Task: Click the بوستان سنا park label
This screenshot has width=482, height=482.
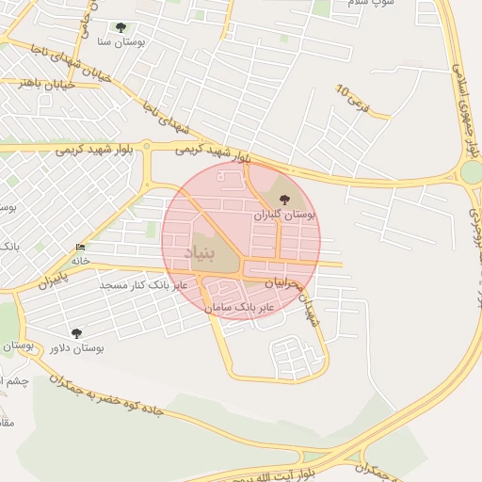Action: click(121, 42)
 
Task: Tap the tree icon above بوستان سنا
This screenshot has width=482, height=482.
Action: click(120, 28)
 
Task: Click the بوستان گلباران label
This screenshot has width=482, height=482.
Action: click(284, 215)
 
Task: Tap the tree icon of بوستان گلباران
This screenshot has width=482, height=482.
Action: click(285, 198)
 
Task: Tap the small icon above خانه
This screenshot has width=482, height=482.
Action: click(80, 248)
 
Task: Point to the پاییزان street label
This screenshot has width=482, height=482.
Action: click(55, 281)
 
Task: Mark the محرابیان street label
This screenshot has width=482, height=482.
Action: click(285, 282)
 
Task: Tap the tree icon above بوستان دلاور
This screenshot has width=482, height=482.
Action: click(76, 332)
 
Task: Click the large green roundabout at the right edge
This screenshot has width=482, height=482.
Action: click(471, 173)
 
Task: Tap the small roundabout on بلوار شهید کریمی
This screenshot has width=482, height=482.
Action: click(147, 146)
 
